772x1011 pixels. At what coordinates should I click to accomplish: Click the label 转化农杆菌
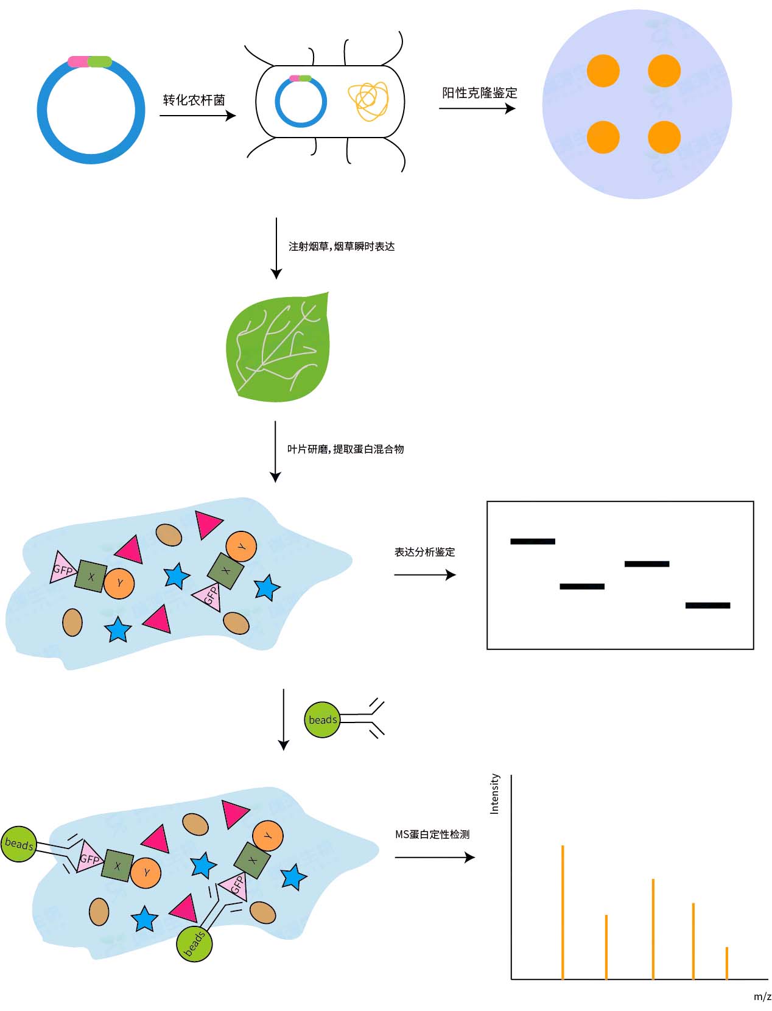pyautogui.click(x=194, y=100)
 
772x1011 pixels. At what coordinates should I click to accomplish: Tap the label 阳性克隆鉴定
pyautogui.click(x=479, y=93)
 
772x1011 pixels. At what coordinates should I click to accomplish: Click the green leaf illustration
pyautogui.click(x=279, y=349)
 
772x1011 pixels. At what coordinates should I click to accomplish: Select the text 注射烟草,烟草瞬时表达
pyautogui.click(x=341, y=247)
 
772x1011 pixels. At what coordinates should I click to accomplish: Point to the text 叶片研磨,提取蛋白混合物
pyautogui.click(x=345, y=449)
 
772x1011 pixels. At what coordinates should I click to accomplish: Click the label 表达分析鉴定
pyautogui.click(x=424, y=552)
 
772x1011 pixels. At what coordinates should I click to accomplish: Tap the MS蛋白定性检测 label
pyautogui.click(x=432, y=834)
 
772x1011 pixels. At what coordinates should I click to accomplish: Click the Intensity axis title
pyautogui.click(x=494, y=794)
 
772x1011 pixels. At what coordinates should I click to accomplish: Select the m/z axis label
pyautogui.click(x=762, y=997)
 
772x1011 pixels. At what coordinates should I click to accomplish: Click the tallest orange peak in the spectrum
pyautogui.click(x=563, y=911)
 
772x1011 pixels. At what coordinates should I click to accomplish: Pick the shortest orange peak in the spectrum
pyautogui.click(x=727, y=963)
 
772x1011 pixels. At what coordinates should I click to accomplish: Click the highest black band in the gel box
pyautogui.click(x=533, y=541)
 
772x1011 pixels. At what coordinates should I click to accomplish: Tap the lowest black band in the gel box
pyautogui.click(x=707, y=605)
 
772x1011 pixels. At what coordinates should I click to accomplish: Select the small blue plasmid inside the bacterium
pyautogui.click(x=301, y=102)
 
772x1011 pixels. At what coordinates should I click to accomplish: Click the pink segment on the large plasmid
pyautogui.click(x=79, y=61)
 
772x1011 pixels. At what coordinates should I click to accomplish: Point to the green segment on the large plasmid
pyautogui.click(x=100, y=61)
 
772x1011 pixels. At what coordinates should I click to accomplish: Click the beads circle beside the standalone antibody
pyautogui.click(x=322, y=719)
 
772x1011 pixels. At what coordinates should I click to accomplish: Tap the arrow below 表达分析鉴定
pyautogui.click(x=424, y=575)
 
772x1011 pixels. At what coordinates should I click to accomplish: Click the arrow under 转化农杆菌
pyautogui.click(x=197, y=115)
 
